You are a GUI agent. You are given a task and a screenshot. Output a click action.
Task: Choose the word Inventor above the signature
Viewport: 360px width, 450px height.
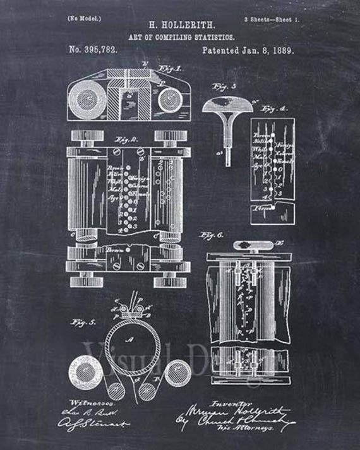[248, 400]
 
